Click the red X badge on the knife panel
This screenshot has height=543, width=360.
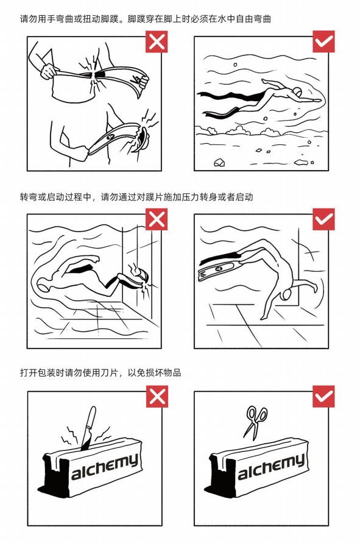coord(157,397)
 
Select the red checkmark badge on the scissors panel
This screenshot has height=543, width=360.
coord(323,397)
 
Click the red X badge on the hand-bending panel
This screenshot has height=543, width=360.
coord(157,42)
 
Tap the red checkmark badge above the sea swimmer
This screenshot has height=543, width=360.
coord(323,41)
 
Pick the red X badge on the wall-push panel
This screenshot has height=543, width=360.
coord(157,219)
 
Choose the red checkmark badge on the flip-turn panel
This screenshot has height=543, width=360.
coord(323,219)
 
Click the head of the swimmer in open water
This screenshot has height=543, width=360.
coord(297,91)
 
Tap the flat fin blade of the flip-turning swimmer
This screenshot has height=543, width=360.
coord(214,270)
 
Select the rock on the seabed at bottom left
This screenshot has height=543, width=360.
coord(219,162)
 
